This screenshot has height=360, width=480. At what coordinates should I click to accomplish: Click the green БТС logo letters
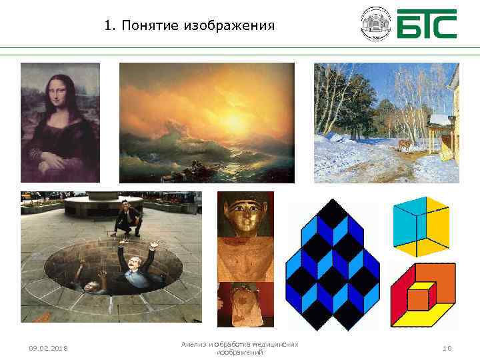coord(427,24)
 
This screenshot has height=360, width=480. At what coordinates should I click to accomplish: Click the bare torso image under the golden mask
coord(245,259)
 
